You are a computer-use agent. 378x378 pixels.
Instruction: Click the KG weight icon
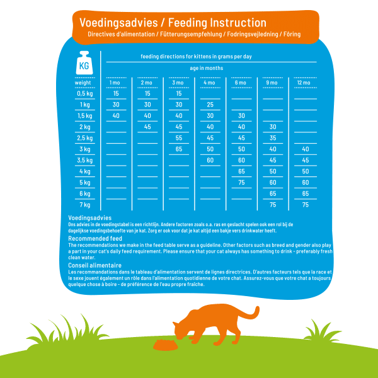pyautogui.click(x=84, y=63)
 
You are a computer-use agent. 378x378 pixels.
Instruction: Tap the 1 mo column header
pyautogui.click(x=115, y=83)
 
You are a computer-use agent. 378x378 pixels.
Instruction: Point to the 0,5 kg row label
pyautogui.click(x=83, y=94)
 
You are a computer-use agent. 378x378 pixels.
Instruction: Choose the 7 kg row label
pyautogui.click(x=84, y=205)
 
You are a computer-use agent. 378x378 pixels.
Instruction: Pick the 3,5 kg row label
pyautogui.click(x=83, y=160)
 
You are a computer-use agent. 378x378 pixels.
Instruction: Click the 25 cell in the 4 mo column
pyautogui.click(x=210, y=105)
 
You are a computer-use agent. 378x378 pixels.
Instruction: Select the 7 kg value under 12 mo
pyautogui.click(x=305, y=205)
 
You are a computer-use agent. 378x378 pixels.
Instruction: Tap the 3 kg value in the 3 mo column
pyautogui.click(x=179, y=149)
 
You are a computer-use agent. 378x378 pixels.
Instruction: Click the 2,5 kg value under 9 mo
pyautogui.click(x=273, y=138)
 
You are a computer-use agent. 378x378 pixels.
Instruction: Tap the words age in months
pyautogui.click(x=206, y=68)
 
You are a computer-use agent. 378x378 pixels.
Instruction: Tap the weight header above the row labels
pyautogui.click(x=83, y=83)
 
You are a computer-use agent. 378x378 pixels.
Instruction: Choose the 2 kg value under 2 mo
pyautogui.click(x=147, y=127)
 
